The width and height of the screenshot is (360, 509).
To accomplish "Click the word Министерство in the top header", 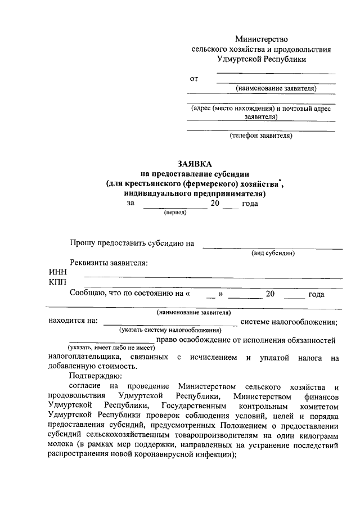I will pyautogui.click(x=261, y=39).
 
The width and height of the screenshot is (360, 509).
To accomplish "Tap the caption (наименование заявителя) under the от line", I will pyautogui.click(x=276, y=88).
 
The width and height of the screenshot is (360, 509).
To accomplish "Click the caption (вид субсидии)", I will pyautogui.click(x=273, y=253).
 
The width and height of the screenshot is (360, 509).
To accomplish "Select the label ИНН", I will pyautogui.click(x=57, y=273).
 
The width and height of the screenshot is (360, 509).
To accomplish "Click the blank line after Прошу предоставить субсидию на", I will pyautogui.click(x=272, y=247).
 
